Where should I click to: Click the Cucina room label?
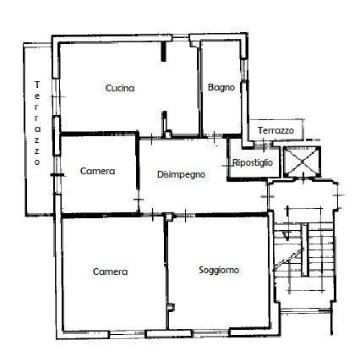120,88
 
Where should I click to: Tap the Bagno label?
221,87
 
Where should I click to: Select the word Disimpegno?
181,174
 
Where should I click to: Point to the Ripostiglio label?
253,162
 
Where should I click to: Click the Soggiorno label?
219,270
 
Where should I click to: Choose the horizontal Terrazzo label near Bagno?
275,130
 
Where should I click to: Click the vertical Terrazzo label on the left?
37,123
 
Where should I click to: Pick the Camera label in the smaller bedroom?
97,171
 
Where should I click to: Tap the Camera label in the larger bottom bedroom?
110,271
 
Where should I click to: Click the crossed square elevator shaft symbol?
302,162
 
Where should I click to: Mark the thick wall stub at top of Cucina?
163,51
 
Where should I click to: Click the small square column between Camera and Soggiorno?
169,217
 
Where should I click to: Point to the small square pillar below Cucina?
168,134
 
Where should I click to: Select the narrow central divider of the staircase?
304,250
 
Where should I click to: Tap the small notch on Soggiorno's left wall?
171,308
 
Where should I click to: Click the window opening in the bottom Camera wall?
127,335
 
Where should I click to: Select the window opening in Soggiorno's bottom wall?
210,334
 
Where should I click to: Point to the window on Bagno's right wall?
244,70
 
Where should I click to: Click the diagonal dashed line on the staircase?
289,260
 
